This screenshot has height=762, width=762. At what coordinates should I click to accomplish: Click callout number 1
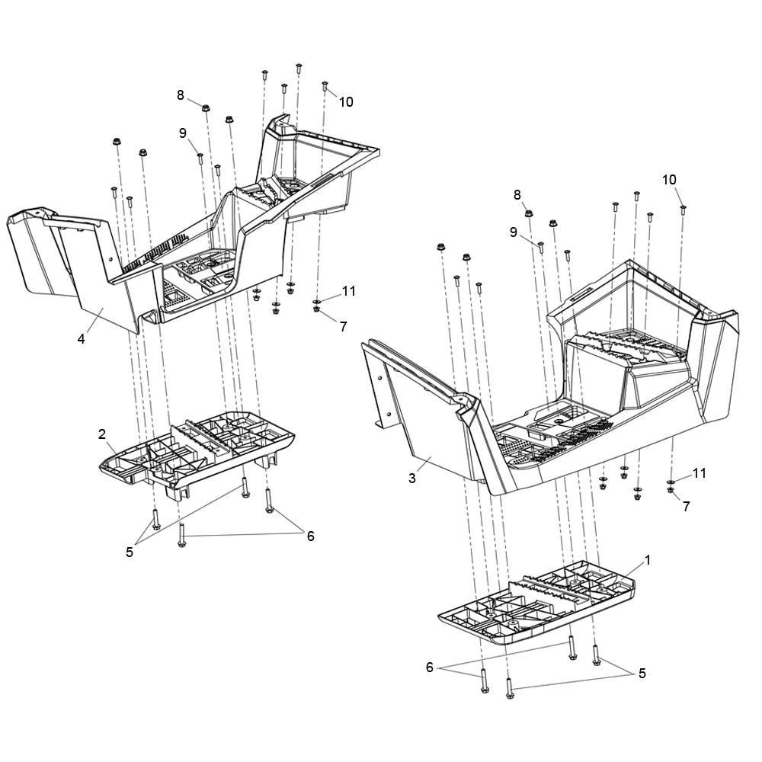647,560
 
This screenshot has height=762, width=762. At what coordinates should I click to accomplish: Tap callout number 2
102,434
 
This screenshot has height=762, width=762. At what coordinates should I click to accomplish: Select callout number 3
412,479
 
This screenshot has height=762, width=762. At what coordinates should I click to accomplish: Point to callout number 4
82,339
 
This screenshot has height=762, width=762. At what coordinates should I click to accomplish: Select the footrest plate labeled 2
197,451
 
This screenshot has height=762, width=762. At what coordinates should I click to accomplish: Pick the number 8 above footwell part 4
181,95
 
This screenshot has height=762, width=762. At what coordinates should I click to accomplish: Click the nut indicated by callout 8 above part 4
206,107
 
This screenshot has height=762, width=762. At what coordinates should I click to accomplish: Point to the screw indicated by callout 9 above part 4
200,158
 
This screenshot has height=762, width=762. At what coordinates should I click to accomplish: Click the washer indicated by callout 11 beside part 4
316,303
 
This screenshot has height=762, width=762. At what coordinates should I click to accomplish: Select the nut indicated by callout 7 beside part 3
671,489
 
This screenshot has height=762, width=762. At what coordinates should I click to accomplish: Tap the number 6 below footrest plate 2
310,536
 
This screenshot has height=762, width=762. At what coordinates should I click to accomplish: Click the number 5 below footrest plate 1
642,674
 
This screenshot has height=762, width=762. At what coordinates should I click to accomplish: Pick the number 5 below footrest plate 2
130,552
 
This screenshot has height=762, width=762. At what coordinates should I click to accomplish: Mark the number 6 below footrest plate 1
430,668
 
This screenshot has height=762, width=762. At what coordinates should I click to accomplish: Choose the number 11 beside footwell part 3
699,473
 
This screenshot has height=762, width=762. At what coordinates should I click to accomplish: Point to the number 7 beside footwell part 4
344,327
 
